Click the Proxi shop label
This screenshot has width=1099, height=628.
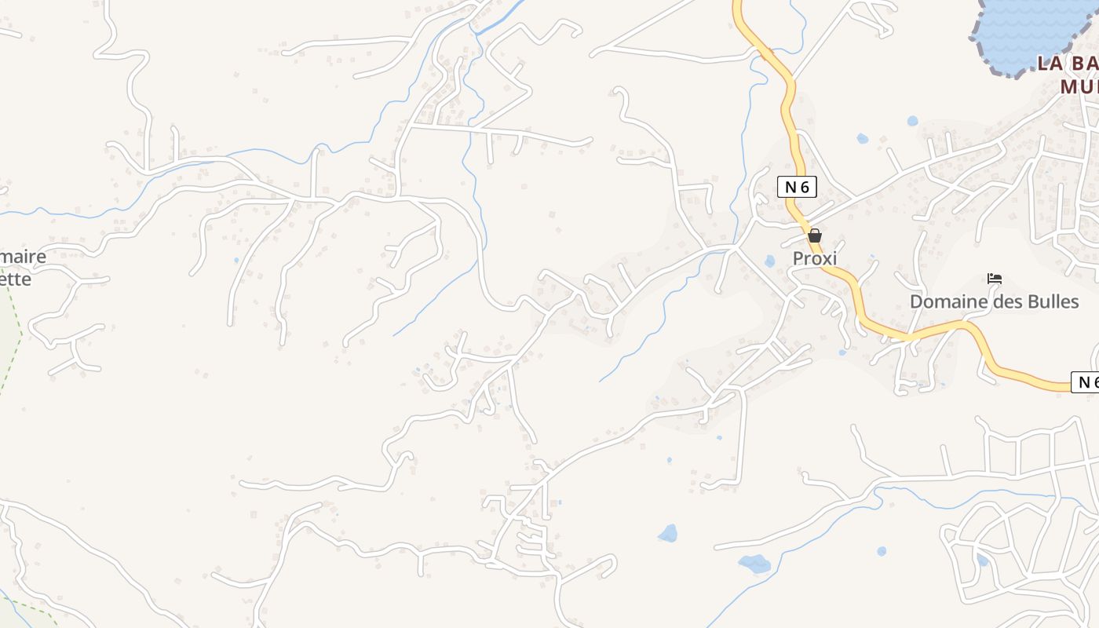click(815, 258)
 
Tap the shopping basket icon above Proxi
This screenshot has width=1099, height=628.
click(815, 235)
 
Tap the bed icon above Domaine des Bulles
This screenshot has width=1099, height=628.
click(995, 279)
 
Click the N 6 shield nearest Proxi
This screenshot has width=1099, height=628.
click(798, 187)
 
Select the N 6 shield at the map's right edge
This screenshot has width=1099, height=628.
click(1086, 382)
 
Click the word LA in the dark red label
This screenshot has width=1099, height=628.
click(1050, 64)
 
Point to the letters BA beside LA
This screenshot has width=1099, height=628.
click(1085, 64)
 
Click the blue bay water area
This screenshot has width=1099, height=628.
click(1028, 27)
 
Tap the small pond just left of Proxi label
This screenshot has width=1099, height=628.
click(769, 261)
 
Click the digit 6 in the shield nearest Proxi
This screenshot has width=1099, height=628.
click(806, 187)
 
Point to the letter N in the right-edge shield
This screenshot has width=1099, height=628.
click(1082, 382)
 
